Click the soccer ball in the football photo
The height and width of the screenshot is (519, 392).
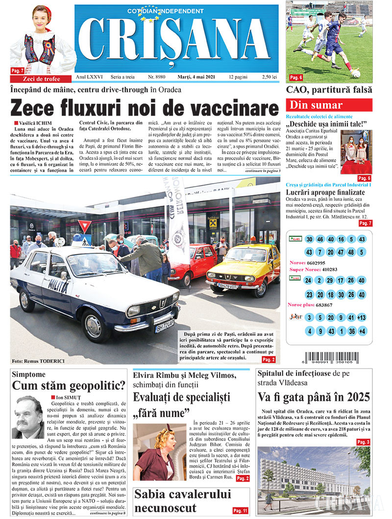coord(356,74)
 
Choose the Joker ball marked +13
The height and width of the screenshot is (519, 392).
coord(362,318)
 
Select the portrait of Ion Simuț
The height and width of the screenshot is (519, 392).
coord(28,418)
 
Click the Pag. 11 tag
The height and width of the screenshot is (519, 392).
coord(240,511)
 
